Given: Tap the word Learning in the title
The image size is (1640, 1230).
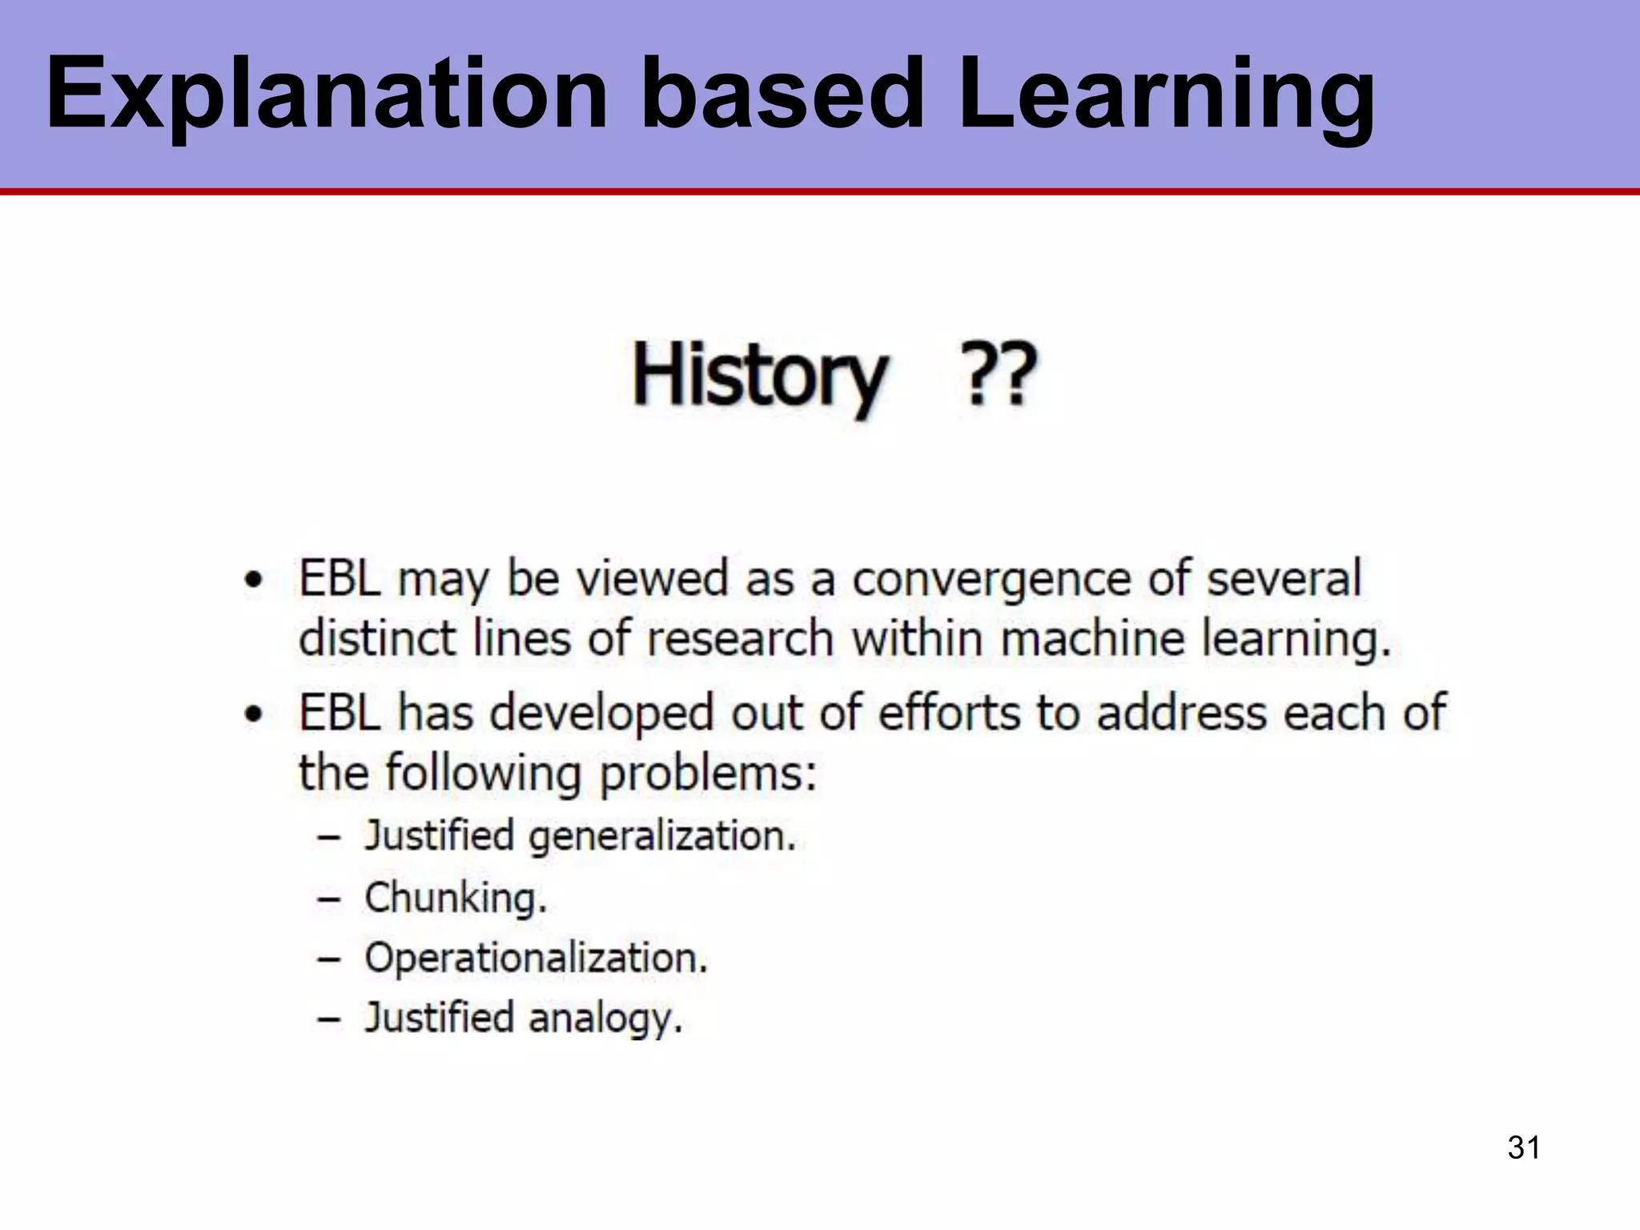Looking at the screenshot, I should pos(1166,94).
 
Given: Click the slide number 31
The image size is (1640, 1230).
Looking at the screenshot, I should pos(1523,1147).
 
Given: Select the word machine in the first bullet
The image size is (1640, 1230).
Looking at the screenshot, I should pos(1092,639).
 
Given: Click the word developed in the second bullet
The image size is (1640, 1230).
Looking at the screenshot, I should pos(601,713).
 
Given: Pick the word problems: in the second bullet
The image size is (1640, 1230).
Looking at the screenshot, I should pos(708,774).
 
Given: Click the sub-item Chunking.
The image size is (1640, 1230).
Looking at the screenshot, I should pos(455,897).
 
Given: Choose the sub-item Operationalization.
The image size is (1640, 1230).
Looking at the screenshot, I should pos(536,958).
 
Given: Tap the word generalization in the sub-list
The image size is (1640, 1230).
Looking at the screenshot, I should pos(662,837).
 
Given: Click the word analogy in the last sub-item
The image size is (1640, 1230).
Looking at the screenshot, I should pos(605,1019).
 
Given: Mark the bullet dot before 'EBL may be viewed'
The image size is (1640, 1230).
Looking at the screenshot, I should pos(254,580).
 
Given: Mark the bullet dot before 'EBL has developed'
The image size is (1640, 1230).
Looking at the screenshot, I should pos(254,713).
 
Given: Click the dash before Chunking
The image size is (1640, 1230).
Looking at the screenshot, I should pos(329,898).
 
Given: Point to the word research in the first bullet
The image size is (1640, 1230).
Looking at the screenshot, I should pos(740,639).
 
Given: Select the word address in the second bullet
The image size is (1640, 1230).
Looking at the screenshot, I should pos(1182,713).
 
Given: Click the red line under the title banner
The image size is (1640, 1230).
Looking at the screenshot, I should pos(820,191).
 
